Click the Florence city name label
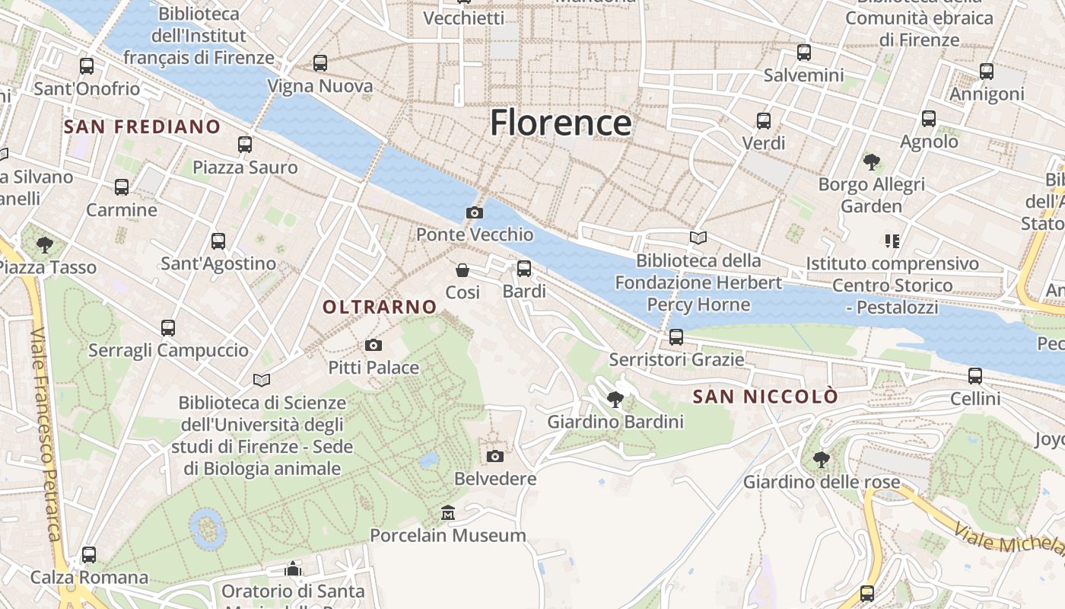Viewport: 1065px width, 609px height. (561, 123)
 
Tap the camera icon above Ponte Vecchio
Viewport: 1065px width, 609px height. (475, 212)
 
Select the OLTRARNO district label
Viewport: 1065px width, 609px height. (380, 307)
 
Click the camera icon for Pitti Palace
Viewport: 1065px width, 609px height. (373, 345)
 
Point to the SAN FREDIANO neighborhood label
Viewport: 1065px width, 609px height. (142, 126)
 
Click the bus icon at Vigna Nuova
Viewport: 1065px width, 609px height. (320, 62)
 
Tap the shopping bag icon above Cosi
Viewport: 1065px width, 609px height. (462, 269)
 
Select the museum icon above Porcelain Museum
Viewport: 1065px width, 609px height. (448, 513)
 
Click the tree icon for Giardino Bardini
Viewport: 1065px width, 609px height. (615, 398)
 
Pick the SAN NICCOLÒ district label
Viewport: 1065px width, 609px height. (765, 397)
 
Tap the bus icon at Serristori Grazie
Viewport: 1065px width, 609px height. (676, 336)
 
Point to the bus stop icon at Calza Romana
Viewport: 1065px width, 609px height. (89, 554)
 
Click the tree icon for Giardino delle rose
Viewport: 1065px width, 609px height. (821, 459)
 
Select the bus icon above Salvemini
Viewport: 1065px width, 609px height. (804, 52)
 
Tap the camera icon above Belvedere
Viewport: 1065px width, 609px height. (495, 456)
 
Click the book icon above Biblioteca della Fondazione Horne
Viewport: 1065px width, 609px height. (698, 238)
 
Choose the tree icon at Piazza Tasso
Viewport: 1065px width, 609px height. (45, 244)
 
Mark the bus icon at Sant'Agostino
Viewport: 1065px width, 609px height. (218, 241)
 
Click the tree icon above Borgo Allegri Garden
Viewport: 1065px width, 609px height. (872, 161)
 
